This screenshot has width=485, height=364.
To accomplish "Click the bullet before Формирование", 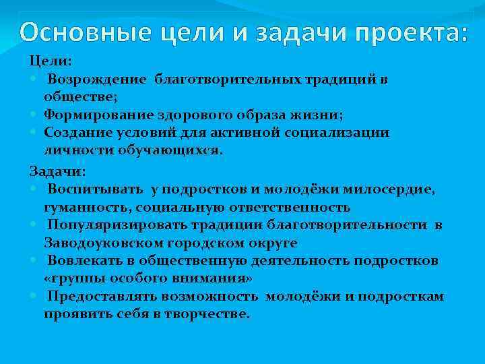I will (x=34, y=114).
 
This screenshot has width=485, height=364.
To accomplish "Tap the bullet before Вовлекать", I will (x=34, y=260).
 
